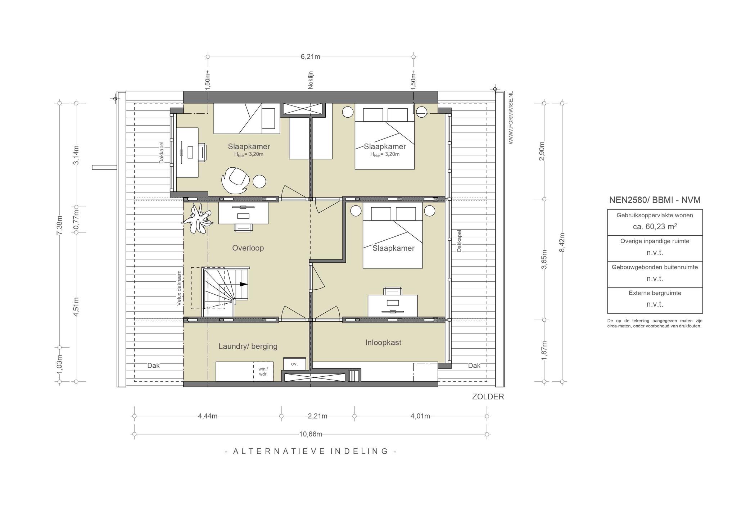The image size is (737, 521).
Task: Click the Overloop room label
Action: pos(248,248)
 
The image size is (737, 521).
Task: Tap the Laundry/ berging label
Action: pos(248,346)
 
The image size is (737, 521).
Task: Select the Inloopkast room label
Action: pos(383,343)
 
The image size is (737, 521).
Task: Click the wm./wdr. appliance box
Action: pos(263,371)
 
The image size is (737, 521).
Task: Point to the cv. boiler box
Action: pos(294,363)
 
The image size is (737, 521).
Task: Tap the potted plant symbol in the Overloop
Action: pos(196,219)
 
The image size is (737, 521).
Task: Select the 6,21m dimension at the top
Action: pos(311,57)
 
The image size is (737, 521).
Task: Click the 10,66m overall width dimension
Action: pos(311,434)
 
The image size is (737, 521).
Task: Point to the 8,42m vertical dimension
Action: pos(562,243)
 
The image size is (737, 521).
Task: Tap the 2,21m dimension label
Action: pos(318,416)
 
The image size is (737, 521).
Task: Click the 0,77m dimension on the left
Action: pos(76,219)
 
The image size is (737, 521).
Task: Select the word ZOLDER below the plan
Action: pos(488,397)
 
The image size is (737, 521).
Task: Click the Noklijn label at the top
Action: pos(311,80)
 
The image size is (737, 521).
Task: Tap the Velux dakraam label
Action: pos(179,288)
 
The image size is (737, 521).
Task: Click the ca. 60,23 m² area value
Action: pos(655,226)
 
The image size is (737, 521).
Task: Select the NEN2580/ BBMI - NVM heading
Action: pos(655,200)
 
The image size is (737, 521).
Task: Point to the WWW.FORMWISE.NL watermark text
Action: pos(511,118)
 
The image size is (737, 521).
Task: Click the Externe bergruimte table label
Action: pos(655,293)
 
